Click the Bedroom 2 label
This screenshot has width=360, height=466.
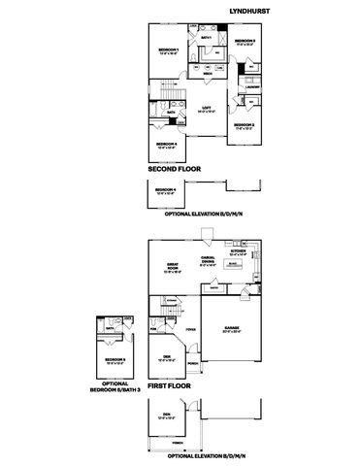pos(244,124)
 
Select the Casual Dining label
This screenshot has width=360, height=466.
pos(208,259)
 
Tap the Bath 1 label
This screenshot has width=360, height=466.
pos(206,38)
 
